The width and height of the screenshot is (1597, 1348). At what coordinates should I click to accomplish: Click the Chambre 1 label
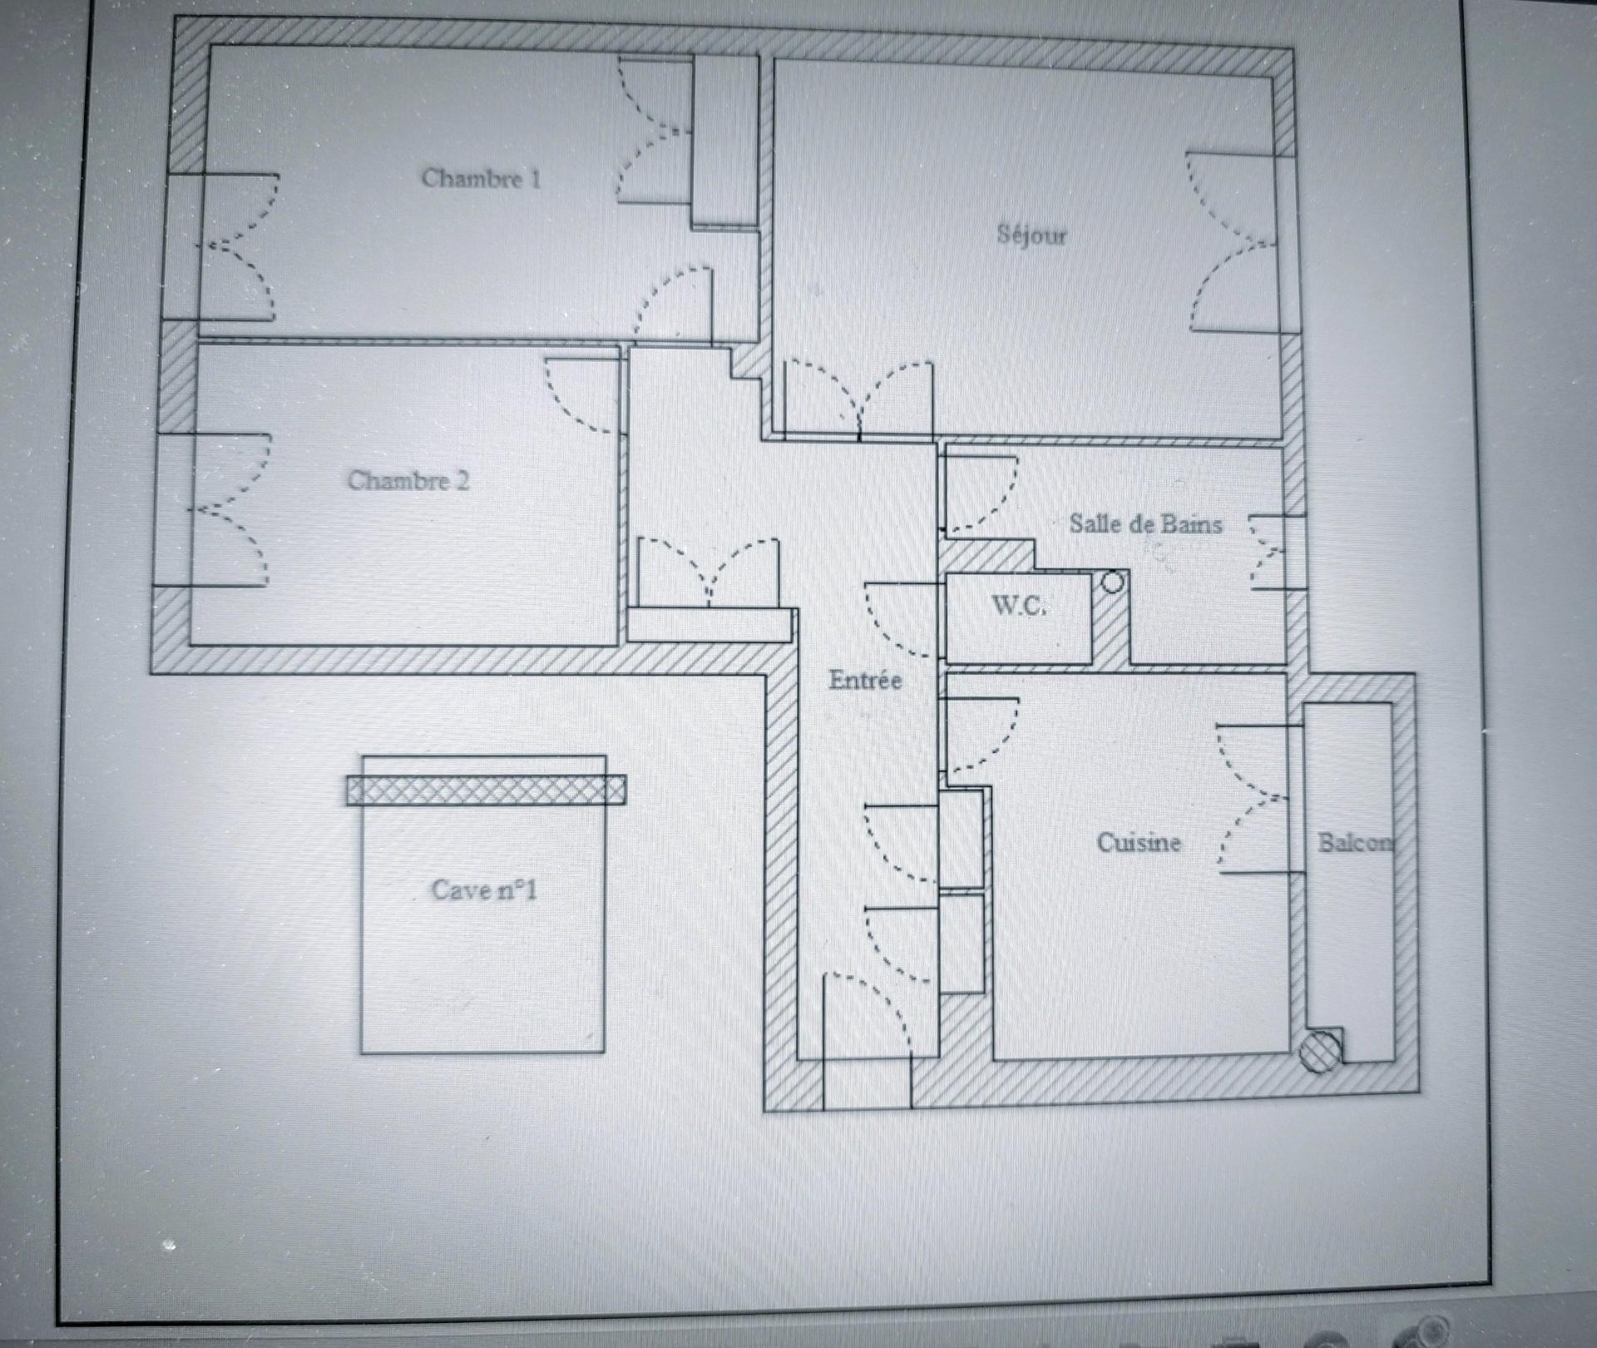(x=481, y=178)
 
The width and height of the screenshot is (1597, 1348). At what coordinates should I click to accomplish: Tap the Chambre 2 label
(x=408, y=480)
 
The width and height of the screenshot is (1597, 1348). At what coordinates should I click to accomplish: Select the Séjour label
(x=1031, y=234)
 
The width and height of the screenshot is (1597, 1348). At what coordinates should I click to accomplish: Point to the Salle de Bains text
(x=1145, y=523)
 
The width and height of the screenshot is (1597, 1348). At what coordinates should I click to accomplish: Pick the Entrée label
(x=865, y=680)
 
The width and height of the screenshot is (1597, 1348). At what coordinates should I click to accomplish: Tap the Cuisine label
(x=1139, y=842)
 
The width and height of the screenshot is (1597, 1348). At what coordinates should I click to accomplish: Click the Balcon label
(x=1354, y=842)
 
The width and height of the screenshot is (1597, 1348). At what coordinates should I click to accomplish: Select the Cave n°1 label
(x=484, y=890)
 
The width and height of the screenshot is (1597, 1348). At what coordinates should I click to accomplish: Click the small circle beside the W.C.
(x=1113, y=582)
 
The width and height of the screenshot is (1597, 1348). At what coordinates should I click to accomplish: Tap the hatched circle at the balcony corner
(x=1320, y=1050)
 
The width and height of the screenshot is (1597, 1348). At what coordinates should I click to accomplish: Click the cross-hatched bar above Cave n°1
(x=487, y=790)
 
